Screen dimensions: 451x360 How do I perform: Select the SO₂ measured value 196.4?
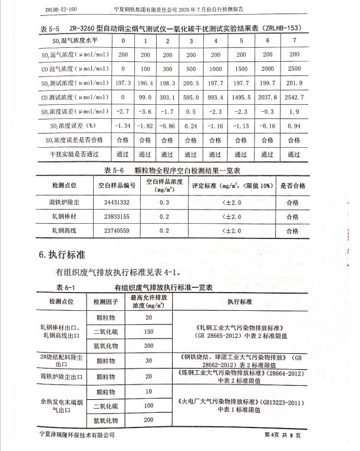tap(145, 84)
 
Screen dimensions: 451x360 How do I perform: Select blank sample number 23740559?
tap(117, 231)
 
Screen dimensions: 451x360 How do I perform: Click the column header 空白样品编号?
tap(117, 185)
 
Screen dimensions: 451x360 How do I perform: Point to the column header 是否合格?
tap(292, 185)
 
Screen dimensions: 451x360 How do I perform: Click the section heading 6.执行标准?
tap(62, 255)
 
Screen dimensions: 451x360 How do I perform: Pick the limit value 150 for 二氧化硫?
tap(148, 332)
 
